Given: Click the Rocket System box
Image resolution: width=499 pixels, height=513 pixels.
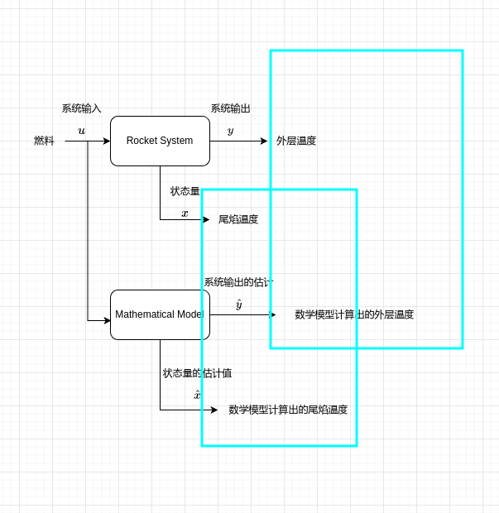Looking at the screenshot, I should [x=160, y=141].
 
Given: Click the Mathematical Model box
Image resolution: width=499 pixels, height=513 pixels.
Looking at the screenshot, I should [x=160, y=314].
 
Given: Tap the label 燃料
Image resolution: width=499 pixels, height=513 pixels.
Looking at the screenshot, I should [x=44, y=141].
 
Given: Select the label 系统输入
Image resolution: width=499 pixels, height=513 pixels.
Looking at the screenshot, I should [x=81, y=108].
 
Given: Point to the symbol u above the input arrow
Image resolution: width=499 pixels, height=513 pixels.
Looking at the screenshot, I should [x=81, y=131].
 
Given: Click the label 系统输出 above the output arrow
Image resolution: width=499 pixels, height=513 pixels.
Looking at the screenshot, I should [x=230, y=108].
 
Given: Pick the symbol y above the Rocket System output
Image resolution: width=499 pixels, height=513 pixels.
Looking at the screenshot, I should [x=230, y=131].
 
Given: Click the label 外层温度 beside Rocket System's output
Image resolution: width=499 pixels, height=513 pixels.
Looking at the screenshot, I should [x=296, y=141].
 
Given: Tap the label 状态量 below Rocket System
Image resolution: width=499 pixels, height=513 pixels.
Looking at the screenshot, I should [x=185, y=191].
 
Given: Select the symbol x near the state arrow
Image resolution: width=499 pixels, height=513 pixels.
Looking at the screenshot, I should [x=185, y=213].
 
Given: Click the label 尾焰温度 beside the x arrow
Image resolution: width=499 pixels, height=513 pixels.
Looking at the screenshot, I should [x=238, y=219].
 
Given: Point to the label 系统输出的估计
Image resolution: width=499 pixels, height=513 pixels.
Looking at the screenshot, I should [x=238, y=282].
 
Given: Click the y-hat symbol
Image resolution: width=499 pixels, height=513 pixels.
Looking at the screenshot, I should [x=239, y=304].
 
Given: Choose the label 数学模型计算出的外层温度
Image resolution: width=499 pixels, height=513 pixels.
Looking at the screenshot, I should [x=354, y=314].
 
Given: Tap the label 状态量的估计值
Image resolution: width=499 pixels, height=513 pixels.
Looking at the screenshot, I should [x=197, y=373].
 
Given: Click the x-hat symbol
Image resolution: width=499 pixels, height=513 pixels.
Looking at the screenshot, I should [x=197, y=395].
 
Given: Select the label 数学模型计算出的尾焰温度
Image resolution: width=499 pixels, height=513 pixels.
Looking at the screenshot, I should [x=288, y=410].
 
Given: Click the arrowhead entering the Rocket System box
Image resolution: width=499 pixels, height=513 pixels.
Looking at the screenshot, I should [x=107, y=141].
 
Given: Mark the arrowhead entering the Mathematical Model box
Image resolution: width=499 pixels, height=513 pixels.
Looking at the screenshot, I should [x=107, y=320].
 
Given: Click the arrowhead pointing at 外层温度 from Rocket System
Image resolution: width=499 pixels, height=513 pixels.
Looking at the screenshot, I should [x=264, y=141].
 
